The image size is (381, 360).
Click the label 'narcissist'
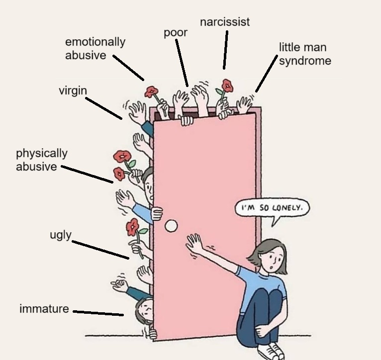point(225,22)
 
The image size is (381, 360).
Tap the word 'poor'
point(176,33)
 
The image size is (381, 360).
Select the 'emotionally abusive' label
point(95,48)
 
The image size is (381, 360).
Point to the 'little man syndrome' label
point(304,54)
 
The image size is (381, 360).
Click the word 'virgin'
point(73,90)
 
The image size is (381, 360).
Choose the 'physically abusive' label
point(41,160)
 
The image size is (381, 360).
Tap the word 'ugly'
point(61,235)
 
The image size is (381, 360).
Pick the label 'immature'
point(44,309)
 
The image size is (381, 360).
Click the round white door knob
point(171,226)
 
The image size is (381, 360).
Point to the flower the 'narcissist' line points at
point(227,86)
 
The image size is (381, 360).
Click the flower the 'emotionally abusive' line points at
point(151,92)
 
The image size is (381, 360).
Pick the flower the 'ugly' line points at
point(132,227)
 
